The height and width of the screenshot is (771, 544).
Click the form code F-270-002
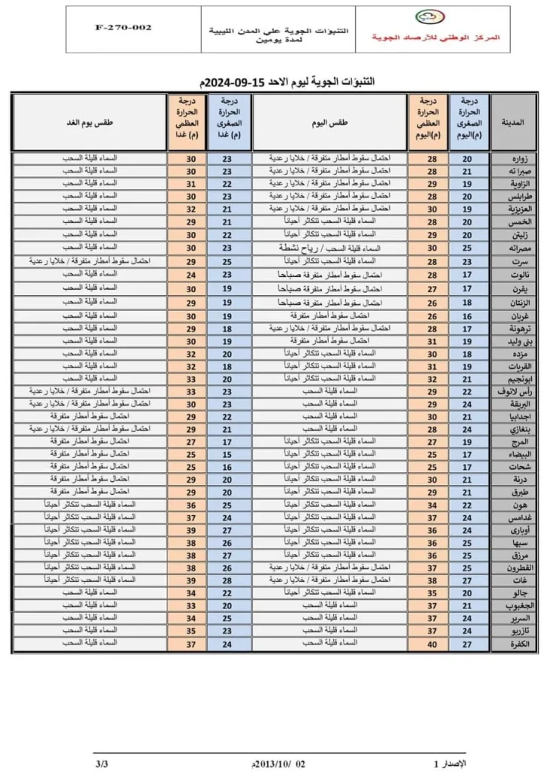point(123,27)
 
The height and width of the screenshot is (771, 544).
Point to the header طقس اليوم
point(330,121)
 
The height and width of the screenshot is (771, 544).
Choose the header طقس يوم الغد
point(89,121)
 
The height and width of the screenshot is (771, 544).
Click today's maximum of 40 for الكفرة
point(427,644)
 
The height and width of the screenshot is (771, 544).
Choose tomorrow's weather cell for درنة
point(89,478)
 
